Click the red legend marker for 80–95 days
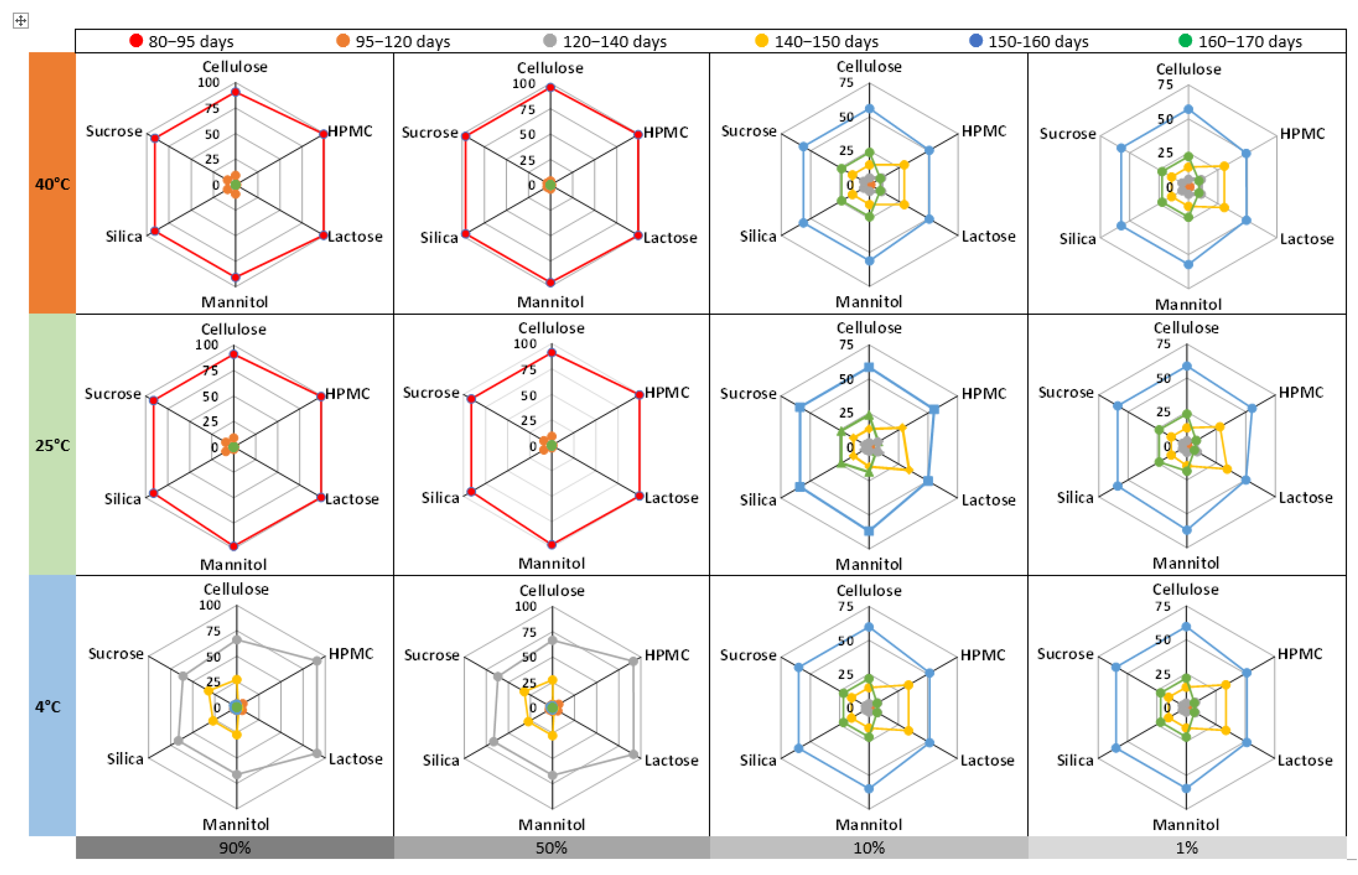(x=135, y=41)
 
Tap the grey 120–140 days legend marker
(x=549, y=41)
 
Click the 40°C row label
(x=52, y=184)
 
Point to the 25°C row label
(x=52, y=445)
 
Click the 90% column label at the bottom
(x=234, y=848)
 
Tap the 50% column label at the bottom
(x=551, y=848)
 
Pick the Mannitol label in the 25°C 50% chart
(x=551, y=563)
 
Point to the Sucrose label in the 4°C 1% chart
(x=1064, y=653)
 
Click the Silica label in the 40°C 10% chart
(x=758, y=236)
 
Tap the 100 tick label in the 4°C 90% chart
(x=209, y=605)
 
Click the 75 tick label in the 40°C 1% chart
(x=1165, y=85)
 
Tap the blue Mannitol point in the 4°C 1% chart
(x=1186, y=788)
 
